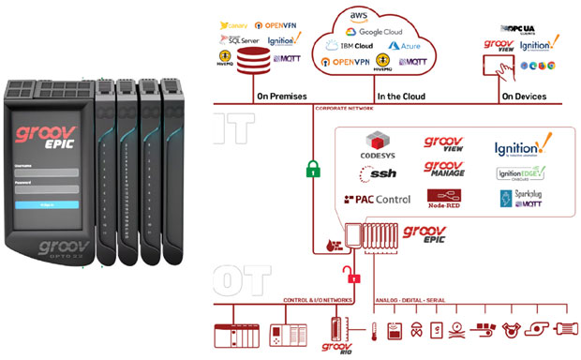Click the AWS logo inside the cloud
(356, 17)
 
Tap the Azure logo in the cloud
(405, 45)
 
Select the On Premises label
(281, 96)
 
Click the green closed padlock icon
(313, 170)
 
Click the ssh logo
(378, 173)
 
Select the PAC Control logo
(378, 200)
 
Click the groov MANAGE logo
(446, 170)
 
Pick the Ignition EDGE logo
(522, 174)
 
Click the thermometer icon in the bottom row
(372, 331)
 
